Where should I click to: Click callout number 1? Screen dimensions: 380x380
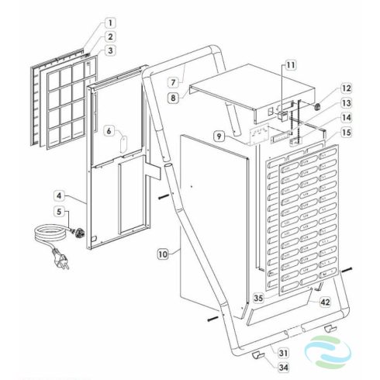[x=110, y=23]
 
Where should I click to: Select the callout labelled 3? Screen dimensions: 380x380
[x=110, y=50]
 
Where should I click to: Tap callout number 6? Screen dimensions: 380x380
[x=109, y=131]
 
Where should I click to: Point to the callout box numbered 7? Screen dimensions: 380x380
[x=173, y=82]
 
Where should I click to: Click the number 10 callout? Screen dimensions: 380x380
[x=163, y=254]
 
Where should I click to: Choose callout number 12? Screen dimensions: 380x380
[x=347, y=88]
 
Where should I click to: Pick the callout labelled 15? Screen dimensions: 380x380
[x=347, y=133]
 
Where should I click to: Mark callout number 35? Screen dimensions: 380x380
[x=258, y=298]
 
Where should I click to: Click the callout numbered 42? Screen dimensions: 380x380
[x=325, y=302]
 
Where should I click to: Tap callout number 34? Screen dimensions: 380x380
[x=283, y=368]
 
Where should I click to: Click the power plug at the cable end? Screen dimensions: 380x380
[x=60, y=257]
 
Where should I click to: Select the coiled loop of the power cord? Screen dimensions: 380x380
[x=50, y=233]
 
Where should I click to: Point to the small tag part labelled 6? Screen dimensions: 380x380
[x=123, y=144]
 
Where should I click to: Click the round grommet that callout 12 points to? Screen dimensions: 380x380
[x=317, y=106]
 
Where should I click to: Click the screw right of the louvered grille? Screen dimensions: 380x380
[x=347, y=270]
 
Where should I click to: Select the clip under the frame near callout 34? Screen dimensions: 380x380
[x=257, y=355]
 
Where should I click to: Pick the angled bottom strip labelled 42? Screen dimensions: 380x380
[x=279, y=308]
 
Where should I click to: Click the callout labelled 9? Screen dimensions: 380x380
[x=219, y=136]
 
